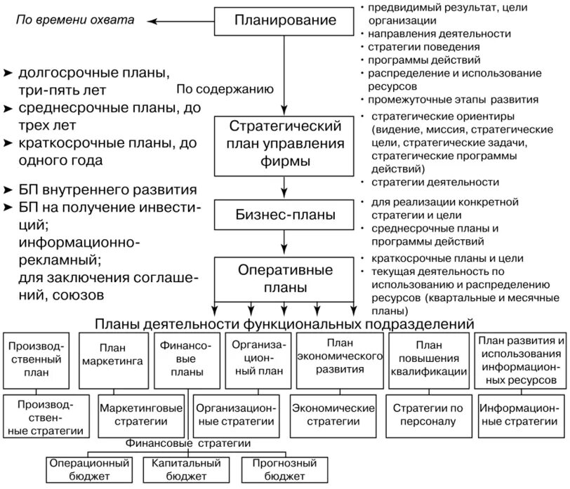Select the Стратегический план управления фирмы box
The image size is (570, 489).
point(284,145)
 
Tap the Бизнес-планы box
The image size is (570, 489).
point(284,214)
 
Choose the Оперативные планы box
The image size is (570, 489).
point(284,279)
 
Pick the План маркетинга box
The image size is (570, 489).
point(112,361)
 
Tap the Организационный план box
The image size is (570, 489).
point(257,359)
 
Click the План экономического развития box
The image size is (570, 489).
point(339,359)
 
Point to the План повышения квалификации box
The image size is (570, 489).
point(429,359)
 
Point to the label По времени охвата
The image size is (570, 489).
point(75,20)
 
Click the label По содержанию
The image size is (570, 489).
point(225,89)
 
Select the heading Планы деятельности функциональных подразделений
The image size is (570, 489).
point(284,323)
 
